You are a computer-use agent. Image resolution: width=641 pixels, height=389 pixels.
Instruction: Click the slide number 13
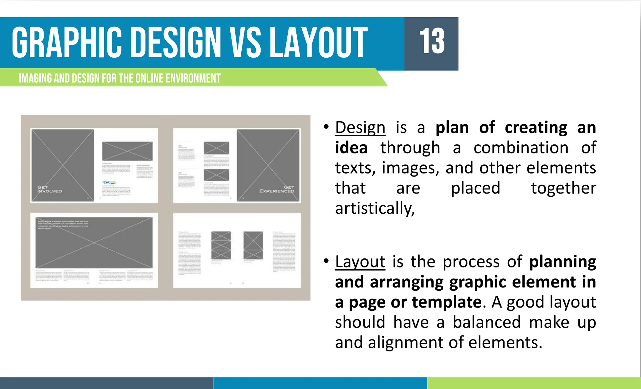coord(432,41)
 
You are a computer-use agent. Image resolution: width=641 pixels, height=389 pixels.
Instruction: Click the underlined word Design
coord(360,128)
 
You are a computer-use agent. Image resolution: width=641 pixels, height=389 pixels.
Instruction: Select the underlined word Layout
coord(360,262)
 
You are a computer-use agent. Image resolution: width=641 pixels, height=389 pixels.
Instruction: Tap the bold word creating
coord(536,128)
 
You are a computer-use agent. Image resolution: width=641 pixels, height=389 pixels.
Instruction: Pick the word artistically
coord(375,208)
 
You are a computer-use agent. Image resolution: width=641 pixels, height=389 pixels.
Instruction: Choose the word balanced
coord(487,322)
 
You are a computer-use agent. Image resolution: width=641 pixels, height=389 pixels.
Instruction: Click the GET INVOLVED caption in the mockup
coord(49,189)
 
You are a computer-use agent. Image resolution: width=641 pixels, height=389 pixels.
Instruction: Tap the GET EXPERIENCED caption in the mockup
coord(277,189)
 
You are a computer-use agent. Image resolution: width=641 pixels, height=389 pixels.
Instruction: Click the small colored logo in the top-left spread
coord(109,183)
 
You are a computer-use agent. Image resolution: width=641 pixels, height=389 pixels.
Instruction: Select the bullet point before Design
coord(326,127)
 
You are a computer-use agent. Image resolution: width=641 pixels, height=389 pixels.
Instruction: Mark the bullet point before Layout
coord(326,261)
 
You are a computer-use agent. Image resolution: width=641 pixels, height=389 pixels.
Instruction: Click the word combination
coord(521,148)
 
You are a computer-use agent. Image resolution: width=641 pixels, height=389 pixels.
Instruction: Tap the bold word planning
coord(562,262)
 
